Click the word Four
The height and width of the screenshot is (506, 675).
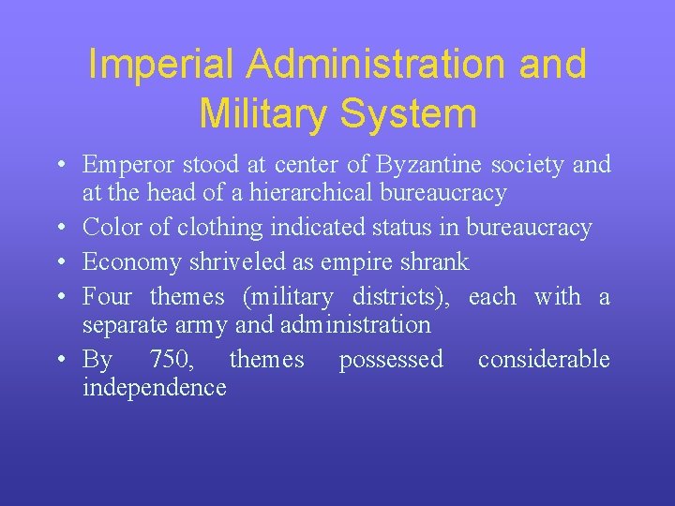(x=106, y=297)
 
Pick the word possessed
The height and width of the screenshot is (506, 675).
(x=391, y=360)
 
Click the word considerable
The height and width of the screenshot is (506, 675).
(x=544, y=360)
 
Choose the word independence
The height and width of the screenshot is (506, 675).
(x=155, y=388)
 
